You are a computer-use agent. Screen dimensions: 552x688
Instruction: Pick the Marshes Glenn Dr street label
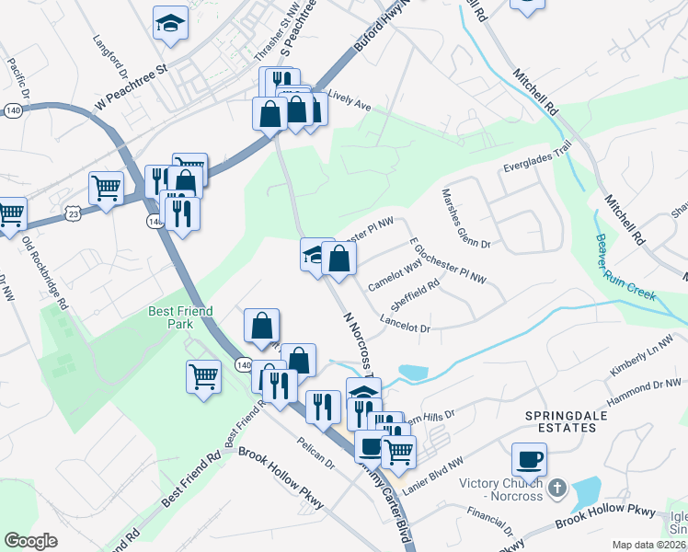pos(466,220)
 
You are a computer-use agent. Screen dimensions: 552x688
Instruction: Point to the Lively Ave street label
pos(349,99)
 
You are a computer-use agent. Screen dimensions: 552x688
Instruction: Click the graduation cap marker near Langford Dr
pos(170,22)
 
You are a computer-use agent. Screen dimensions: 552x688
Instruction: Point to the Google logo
pos(30,541)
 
